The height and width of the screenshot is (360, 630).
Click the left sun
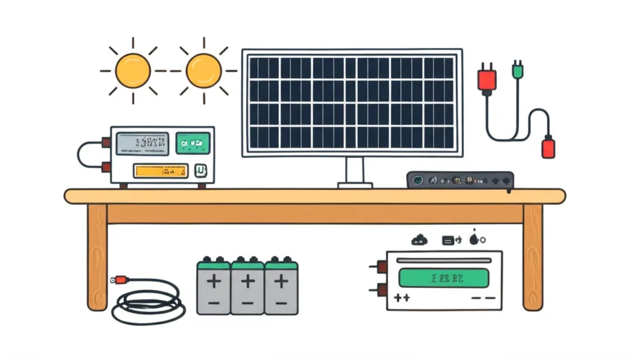coord(133,70)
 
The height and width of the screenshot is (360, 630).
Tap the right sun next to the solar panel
coord(204,70)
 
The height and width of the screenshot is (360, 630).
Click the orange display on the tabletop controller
coord(161,170)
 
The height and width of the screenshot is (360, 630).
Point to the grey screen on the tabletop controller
coord(142,143)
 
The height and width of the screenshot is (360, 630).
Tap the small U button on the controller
coord(199,171)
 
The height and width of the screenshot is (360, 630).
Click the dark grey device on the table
coord(460,180)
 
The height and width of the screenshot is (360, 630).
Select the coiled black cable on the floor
coord(148,302)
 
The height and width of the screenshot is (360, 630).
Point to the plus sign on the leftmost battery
coord(213,282)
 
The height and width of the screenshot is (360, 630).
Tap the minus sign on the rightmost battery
coord(281,303)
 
